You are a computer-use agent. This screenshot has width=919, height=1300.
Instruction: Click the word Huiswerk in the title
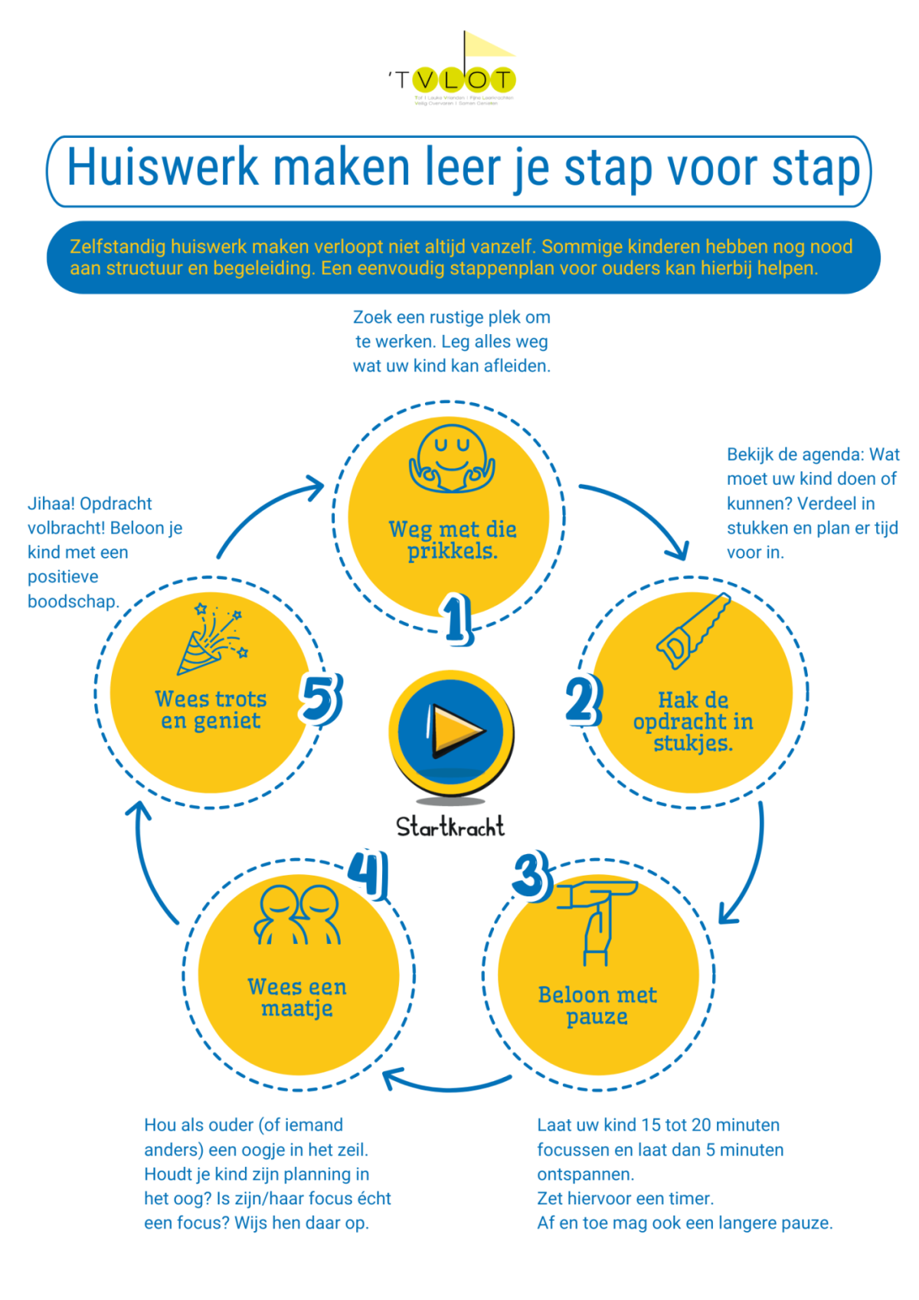point(162,168)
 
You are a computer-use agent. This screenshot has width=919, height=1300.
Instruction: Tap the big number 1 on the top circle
point(457,618)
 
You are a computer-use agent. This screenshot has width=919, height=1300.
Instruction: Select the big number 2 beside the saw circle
point(584,699)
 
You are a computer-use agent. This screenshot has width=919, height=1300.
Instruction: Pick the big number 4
point(368,873)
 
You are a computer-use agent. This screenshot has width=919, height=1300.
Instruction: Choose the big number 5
point(320,698)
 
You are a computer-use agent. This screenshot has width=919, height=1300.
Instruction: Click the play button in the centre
point(452,732)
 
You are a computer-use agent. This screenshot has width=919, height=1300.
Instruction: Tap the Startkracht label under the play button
point(450,827)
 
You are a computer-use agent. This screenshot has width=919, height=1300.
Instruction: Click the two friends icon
point(298,915)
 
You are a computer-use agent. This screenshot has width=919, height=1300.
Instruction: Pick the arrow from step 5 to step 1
point(267,510)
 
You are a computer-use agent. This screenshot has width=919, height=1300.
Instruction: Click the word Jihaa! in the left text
point(51,504)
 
